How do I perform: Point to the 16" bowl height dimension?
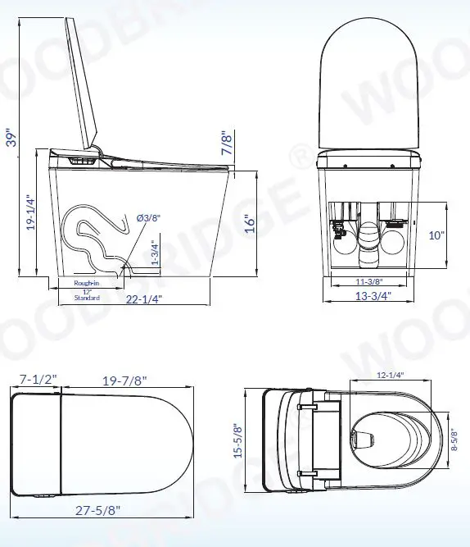coord(251,223)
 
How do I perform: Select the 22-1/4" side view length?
coord(146,300)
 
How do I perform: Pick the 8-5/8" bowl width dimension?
coord(454,446)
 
